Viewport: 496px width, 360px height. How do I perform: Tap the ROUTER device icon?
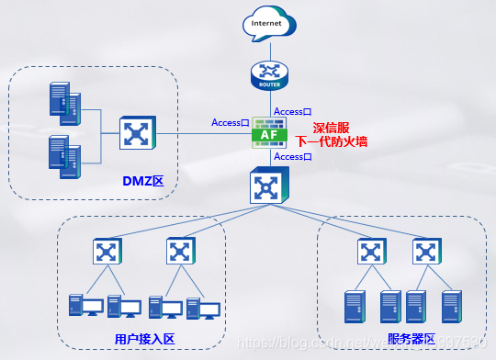point(270,74)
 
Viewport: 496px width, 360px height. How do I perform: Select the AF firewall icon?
point(270,134)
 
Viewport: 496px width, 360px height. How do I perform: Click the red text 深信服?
point(333,129)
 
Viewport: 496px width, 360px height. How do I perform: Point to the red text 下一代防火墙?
point(332,144)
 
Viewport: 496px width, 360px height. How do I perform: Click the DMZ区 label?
point(142,181)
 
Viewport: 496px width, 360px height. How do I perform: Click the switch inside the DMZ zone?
point(137,134)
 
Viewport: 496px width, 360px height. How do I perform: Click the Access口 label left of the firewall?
point(231,122)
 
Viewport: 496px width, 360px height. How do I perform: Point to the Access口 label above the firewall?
point(293,111)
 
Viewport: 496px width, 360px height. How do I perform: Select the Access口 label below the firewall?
point(293,157)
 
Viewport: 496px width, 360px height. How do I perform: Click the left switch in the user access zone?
point(108,251)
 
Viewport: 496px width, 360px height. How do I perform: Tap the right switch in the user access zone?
point(180,251)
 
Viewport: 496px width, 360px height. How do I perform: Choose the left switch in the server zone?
point(370,251)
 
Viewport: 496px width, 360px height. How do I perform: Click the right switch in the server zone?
point(424,251)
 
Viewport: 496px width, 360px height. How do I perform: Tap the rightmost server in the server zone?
point(449,307)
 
